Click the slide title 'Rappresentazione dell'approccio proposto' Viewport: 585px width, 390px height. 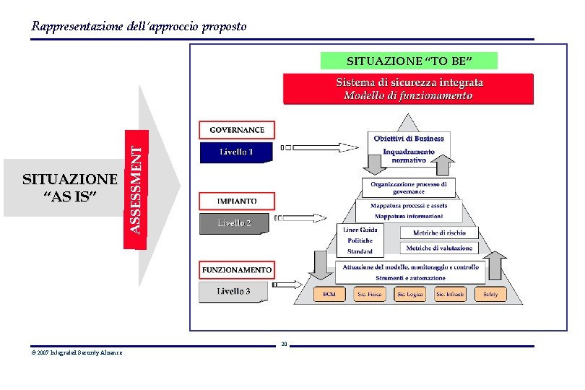point(139,27)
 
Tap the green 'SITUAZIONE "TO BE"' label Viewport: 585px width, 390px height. point(409,61)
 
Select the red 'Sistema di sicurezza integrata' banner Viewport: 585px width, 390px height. point(409,88)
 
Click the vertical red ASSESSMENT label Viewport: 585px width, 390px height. point(136,188)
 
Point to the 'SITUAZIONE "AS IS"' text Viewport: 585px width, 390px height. point(69,188)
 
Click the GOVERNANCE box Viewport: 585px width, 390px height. point(237,130)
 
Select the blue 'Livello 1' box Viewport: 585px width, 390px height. point(236,152)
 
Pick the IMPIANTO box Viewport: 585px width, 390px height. point(237,200)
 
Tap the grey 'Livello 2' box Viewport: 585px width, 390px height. point(234,223)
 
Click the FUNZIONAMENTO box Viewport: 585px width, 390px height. point(237,270)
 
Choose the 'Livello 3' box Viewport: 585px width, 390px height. point(234,292)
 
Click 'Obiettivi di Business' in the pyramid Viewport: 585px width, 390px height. point(409,138)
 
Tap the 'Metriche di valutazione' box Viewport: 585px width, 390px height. point(439,248)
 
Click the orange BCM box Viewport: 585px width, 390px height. point(329,294)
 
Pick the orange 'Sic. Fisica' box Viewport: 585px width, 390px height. point(369,294)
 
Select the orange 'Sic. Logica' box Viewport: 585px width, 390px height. point(409,294)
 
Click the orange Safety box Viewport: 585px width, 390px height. point(490,294)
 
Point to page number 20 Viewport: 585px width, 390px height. point(285,344)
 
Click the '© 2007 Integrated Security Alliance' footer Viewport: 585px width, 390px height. point(77,352)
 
